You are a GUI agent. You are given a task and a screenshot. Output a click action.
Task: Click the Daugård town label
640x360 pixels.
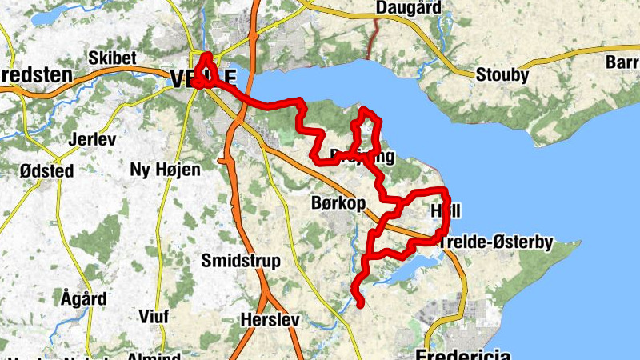click(408, 8)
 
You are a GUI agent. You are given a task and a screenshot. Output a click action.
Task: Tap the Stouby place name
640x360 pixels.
click(502, 76)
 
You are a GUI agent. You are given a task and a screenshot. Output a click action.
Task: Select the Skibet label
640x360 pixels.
click(113, 58)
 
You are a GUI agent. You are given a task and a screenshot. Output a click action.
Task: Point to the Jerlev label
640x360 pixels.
click(93, 138)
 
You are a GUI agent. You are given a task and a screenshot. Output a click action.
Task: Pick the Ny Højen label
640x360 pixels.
click(165, 169)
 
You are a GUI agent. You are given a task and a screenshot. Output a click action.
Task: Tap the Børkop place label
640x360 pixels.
click(337, 204)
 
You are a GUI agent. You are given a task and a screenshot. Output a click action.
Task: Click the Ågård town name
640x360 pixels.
click(83, 298)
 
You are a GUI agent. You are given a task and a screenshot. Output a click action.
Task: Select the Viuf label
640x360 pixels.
click(154, 316)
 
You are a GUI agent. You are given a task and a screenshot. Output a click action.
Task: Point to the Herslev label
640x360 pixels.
click(270, 320)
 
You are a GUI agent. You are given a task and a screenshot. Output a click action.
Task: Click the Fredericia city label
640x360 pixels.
click(464, 354)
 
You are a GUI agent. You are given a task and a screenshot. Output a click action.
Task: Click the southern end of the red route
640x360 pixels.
click(362, 304)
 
